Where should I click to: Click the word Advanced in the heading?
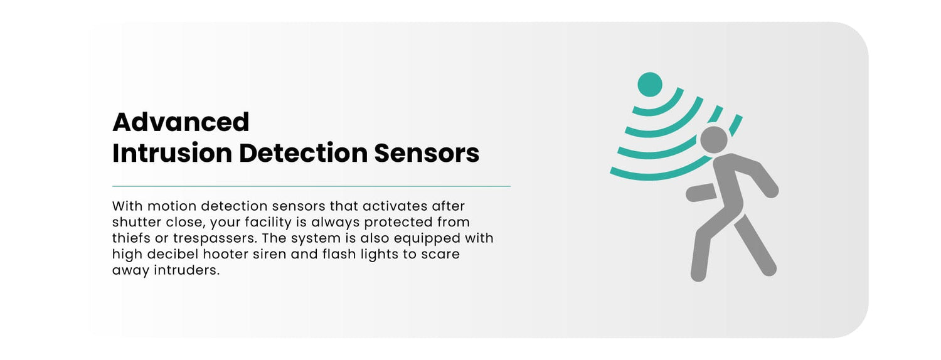pyautogui.click(x=181, y=122)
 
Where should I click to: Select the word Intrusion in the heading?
pyautogui.click(x=173, y=153)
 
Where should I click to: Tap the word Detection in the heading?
pyautogui.click(x=303, y=153)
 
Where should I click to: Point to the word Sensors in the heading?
pyautogui.click(x=427, y=153)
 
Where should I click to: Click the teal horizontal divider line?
pyautogui.click(x=311, y=186)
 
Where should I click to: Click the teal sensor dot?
pyautogui.click(x=649, y=85)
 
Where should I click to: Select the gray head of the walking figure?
pyautogui.click(x=714, y=140)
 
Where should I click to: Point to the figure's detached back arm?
pyautogui.click(x=701, y=193)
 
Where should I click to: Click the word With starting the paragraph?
pyautogui.click(x=127, y=206)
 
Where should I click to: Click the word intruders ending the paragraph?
pyautogui.click(x=187, y=270)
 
